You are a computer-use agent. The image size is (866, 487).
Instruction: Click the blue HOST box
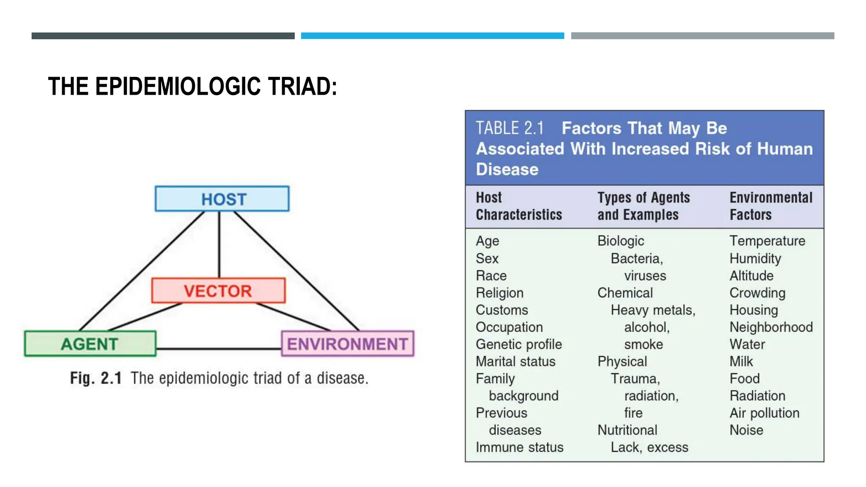[222, 199]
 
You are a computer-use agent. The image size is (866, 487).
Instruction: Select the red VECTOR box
[218, 290]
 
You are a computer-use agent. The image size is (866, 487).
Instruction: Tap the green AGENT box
[90, 344]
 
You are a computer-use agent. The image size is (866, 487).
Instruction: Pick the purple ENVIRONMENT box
[348, 344]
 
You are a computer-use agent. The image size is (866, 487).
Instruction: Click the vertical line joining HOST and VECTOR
[219, 245]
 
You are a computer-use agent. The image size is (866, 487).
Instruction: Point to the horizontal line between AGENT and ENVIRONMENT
[219, 349]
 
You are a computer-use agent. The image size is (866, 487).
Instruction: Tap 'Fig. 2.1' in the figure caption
[96, 378]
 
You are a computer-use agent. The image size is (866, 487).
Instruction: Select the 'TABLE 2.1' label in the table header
[510, 128]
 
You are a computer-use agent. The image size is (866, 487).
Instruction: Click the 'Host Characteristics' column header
[518, 206]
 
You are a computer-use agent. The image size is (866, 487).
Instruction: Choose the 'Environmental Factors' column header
[770, 206]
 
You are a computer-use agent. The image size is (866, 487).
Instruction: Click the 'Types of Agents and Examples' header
[643, 206]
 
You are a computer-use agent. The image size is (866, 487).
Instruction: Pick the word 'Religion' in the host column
[499, 293]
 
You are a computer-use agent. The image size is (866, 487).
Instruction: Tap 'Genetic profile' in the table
[518, 344]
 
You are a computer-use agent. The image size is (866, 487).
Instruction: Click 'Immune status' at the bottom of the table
[519, 447]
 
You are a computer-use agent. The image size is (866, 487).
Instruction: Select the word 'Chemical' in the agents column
[625, 293]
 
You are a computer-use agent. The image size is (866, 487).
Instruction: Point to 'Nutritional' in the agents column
[627, 430]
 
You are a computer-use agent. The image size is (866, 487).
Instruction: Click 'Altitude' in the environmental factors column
[751, 276]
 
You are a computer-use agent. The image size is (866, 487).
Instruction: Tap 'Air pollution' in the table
[764, 413]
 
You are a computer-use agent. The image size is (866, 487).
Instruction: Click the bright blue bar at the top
[432, 36]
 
